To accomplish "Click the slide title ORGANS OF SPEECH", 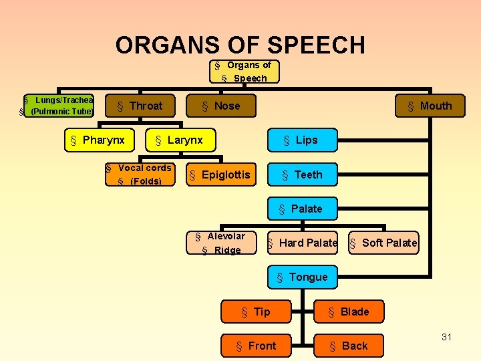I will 240,45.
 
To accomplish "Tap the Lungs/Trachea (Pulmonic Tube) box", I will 59,106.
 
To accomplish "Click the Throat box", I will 140,106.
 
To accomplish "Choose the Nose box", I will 222,106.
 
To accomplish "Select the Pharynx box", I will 98,140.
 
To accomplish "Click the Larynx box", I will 179,140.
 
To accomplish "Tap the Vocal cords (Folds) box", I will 140,174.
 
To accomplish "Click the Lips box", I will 301,140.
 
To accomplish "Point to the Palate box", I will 301,209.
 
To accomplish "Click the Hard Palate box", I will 303,243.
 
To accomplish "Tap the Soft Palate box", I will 384,243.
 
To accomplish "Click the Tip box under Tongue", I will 256,312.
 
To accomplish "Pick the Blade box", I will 349,312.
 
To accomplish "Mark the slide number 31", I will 446,337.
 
